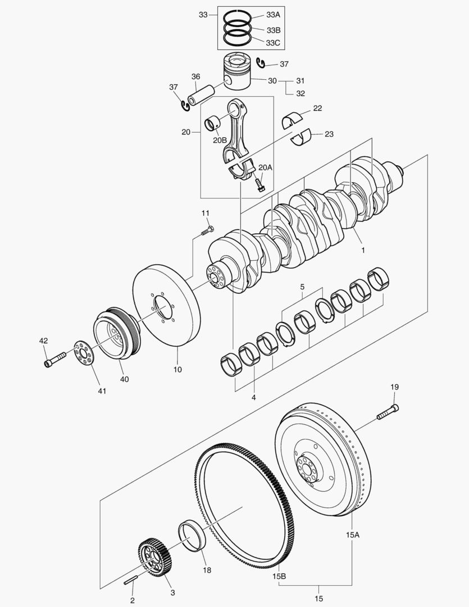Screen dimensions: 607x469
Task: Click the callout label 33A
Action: coord(274,15)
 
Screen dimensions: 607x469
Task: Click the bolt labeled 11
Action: coord(208,230)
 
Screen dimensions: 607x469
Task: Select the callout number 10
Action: coord(177,370)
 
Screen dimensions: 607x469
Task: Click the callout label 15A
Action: coord(352,535)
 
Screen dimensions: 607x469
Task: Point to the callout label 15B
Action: coord(279,576)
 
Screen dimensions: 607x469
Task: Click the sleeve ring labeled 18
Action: coord(192,538)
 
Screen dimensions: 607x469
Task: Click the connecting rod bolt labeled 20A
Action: coord(260,184)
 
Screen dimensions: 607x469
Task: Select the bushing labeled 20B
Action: coord(214,122)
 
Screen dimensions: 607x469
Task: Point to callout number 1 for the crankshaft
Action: coord(362,250)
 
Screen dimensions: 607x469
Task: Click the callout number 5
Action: coord(302,287)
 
